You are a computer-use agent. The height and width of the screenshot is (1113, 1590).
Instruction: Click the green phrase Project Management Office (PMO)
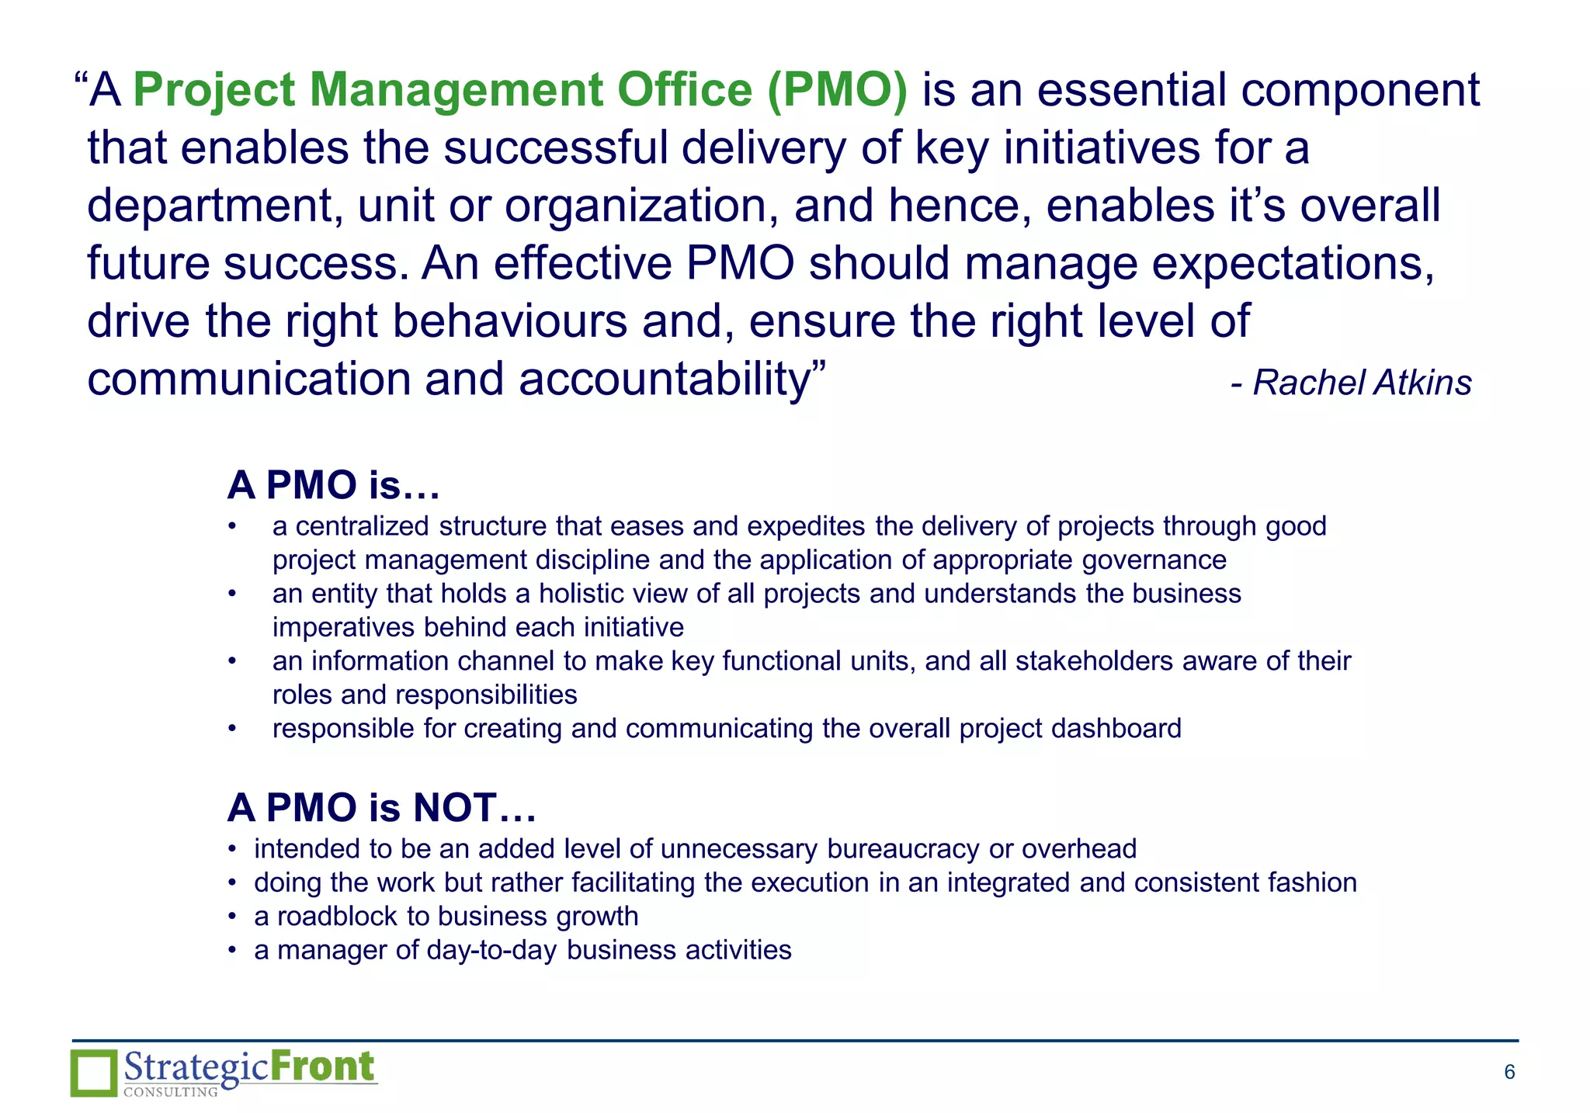click(519, 90)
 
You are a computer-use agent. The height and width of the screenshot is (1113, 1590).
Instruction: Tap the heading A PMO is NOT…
click(381, 808)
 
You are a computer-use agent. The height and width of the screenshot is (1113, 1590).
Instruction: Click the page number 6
click(1509, 1073)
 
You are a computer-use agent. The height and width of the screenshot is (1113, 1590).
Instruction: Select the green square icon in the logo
click(94, 1073)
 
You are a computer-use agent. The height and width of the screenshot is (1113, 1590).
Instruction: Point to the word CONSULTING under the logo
click(171, 1092)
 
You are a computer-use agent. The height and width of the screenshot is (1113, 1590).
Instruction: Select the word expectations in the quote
click(1293, 264)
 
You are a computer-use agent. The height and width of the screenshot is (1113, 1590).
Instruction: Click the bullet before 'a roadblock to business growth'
click(232, 917)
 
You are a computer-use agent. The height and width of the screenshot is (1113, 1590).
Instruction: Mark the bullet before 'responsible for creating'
click(232, 729)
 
